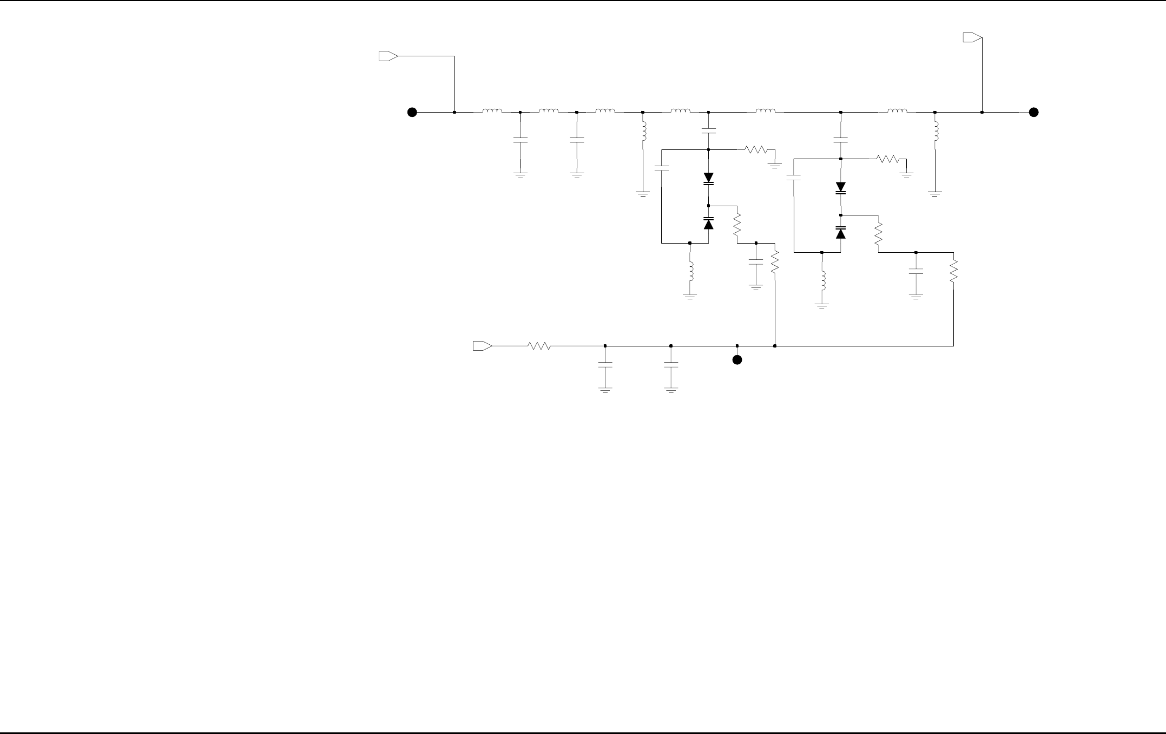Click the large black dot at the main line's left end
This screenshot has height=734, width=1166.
412,113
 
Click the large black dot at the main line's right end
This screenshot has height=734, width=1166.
1033,113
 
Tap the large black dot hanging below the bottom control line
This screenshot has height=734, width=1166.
737,360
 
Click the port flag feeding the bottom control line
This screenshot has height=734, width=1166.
482,346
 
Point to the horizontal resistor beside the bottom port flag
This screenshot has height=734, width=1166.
539,346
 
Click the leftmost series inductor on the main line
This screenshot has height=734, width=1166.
492,112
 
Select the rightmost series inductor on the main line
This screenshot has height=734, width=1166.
897,112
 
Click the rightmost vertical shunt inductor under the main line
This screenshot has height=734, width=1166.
936,133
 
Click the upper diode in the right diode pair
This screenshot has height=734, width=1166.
841,188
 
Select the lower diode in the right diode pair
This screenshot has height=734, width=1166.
841,232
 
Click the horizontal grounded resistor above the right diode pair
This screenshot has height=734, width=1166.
887,159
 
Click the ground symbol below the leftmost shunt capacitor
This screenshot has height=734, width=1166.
520,175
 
